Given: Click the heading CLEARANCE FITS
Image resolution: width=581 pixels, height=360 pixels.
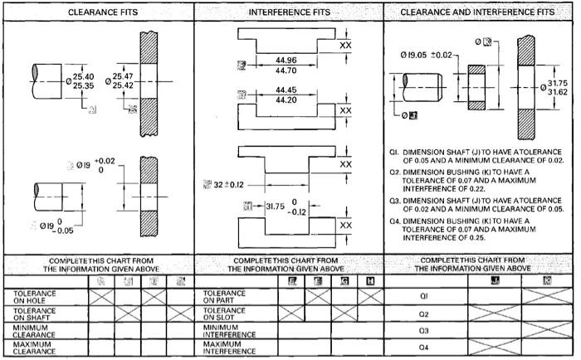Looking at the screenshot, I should (x=103, y=13).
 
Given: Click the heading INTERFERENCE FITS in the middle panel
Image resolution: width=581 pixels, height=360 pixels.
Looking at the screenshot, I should (x=289, y=13).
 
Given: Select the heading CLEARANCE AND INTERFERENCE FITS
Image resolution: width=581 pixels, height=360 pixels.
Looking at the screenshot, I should (x=477, y=13).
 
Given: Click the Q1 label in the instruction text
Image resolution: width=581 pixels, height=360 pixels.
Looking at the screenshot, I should (x=394, y=153).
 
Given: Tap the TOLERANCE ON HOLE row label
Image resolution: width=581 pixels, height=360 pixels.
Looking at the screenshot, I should (x=34, y=294).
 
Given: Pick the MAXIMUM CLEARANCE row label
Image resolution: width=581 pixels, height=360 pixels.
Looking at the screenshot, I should (x=34, y=347).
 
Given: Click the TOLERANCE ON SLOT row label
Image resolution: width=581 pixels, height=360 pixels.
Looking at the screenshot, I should (x=223, y=312).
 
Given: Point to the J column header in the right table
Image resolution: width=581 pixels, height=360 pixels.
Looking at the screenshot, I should (x=472, y=280).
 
